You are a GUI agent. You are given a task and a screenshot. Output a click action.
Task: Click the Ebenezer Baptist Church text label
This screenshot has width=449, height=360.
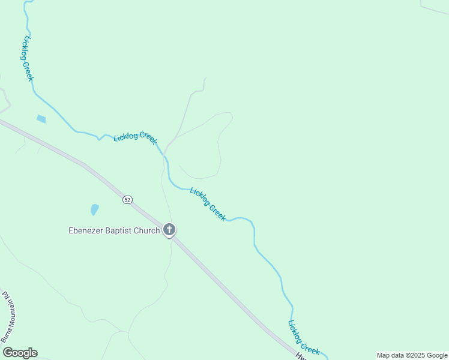(x=114, y=230)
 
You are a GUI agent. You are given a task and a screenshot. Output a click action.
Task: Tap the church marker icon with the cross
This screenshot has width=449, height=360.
(x=170, y=230)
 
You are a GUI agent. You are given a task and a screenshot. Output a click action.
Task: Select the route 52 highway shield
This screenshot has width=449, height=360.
(x=127, y=199)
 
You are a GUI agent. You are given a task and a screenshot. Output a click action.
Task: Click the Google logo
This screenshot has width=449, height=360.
(x=20, y=353)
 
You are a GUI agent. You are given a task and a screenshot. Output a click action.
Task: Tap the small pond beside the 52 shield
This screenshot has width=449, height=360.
(x=94, y=209)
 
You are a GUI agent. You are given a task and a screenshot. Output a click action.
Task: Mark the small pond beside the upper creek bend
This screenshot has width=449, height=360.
(x=41, y=119)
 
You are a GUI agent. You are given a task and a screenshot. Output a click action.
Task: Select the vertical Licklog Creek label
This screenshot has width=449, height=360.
(x=28, y=59)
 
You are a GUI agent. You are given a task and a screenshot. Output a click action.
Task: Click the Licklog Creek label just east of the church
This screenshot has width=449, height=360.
(x=208, y=204)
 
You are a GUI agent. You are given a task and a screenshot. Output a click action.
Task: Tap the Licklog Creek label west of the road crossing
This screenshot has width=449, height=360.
(x=135, y=137)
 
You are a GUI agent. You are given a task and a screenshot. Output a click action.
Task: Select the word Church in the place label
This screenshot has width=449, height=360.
(x=148, y=230)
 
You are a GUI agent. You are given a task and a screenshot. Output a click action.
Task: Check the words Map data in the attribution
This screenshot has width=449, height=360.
(x=390, y=355)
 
